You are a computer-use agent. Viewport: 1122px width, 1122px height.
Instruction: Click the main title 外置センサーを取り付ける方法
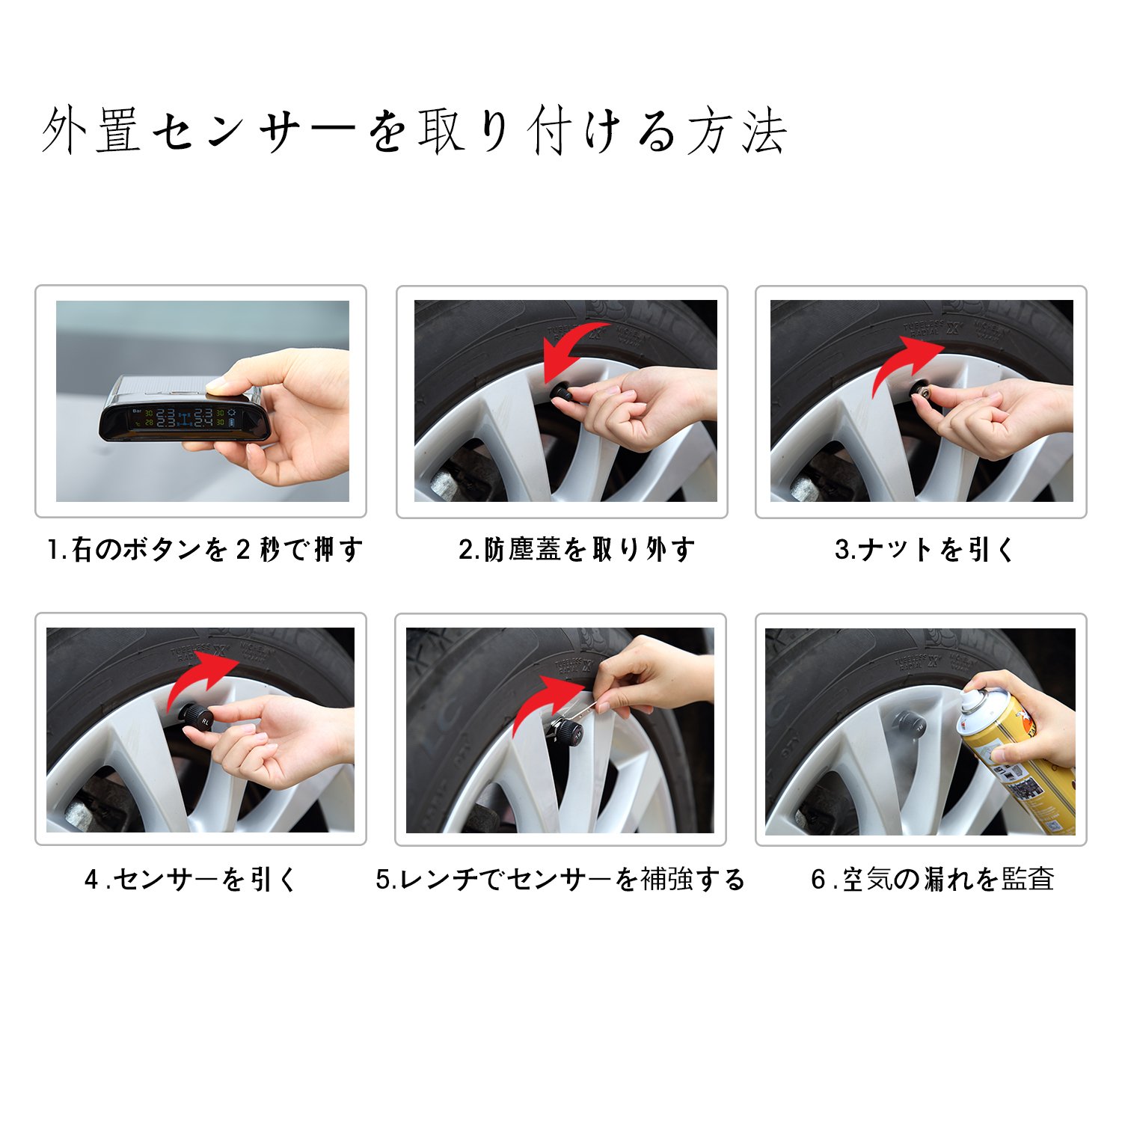[414, 131]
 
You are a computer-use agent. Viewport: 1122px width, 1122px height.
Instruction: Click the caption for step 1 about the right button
[204, 550]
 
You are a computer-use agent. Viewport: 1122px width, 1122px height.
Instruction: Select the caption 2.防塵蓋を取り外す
[577, 550]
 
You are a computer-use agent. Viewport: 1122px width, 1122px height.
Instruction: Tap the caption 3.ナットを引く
[925, 550]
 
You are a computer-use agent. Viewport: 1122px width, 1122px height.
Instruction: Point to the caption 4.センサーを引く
[191, 879]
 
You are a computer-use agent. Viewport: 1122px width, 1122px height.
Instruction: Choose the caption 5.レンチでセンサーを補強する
[560, 879]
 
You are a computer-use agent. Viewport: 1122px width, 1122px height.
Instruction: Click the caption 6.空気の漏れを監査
[933, 879]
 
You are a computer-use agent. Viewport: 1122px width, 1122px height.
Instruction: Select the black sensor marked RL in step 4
[199, 718]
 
